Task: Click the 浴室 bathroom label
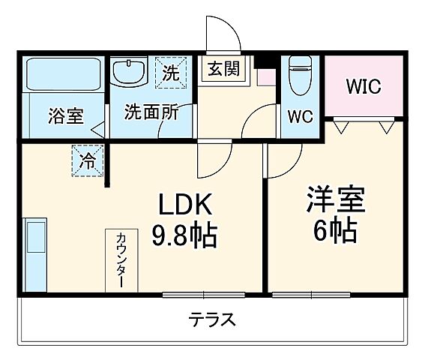point(66,116)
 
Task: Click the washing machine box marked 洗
point(170,73)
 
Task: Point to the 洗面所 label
point(151,113)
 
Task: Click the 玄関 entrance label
point(223,69)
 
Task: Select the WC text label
point(302,117)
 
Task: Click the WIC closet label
point(363,85)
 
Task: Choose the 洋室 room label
point(335,199)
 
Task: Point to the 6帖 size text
point(334,231)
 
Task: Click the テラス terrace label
point(212,320)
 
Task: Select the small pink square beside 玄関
point(263,75)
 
